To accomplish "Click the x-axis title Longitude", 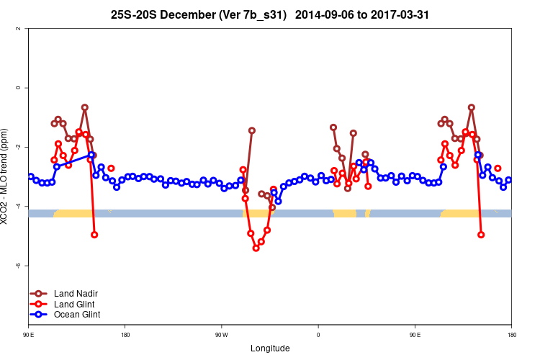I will click(x=270, y=348).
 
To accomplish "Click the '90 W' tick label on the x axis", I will click(x=221, y=335).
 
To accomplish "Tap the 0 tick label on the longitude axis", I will click(x=318, y=335).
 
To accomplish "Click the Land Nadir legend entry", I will click(x=76, y=294).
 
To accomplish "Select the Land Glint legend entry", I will click(x=75, y=304).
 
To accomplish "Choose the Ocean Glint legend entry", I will click(x=77, y=314).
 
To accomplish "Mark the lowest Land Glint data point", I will click(x=256, y=248).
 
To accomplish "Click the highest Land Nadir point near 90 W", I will click(x=252, y=130).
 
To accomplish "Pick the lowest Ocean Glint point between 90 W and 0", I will click(x=279, y=202).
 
